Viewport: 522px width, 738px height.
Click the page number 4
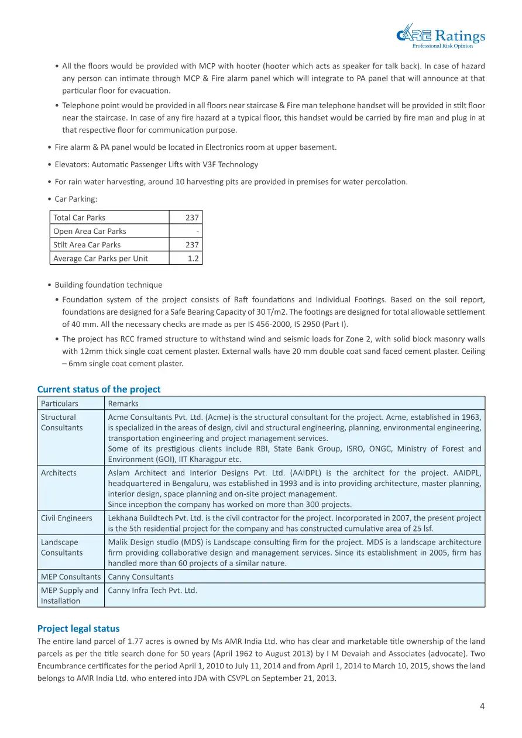(482, 706)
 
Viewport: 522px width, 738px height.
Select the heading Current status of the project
(99, 389)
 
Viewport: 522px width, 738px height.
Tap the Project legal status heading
(78, 629)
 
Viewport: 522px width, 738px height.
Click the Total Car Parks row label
(80, 218)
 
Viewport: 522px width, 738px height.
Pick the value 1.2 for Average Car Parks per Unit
(193, 258)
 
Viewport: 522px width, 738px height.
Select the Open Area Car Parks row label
(90, 231)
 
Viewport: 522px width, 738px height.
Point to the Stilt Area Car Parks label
(87, 245)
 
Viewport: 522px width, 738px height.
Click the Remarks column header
(123, 404)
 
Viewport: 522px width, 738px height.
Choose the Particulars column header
(60, 404)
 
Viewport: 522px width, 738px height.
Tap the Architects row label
(59, 473)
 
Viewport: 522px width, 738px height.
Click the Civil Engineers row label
(67, 518)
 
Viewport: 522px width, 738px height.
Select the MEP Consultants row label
(71, 577)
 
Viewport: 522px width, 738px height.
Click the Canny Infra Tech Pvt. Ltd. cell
(153, 591)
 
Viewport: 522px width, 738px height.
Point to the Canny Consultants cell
(141, 577)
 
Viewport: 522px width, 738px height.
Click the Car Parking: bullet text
(76, 199)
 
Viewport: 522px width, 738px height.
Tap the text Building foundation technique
(109, 285)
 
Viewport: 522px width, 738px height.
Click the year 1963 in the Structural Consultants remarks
(471, 418)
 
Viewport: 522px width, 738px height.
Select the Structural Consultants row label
(62, 422)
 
